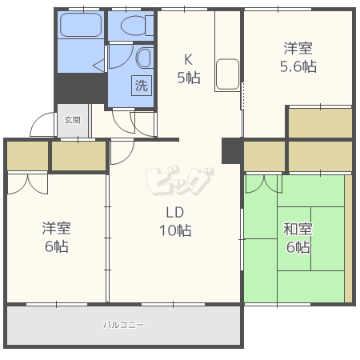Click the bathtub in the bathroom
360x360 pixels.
pyautogui.click(x=81, y=26)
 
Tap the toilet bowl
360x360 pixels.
pyautogui.click(x=132, y=26)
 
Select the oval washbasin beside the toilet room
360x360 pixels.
pyautogui.click(x=144, y=58)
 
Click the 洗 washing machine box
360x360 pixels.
pyautogui.click(x=142, y=85)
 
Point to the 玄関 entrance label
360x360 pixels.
pyautogui.click(x=72, y=120)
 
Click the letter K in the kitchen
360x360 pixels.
pyautogui.click(x=188, y=59)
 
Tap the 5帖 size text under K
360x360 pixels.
pyautogui.click(x=188, y=78)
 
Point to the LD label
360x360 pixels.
pyautogui.click(x=175, y=213)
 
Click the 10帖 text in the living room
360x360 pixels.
pyautogui.click(x=175, y=231)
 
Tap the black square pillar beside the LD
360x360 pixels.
pyautogui.click(x=231, y=150)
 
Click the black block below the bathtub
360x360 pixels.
pyautogui.click(x=81, y=87)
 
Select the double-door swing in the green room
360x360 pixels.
pyautogui.click(x=263, y=184)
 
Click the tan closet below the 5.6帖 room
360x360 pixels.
pyautogui.click(x=320, y=122)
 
